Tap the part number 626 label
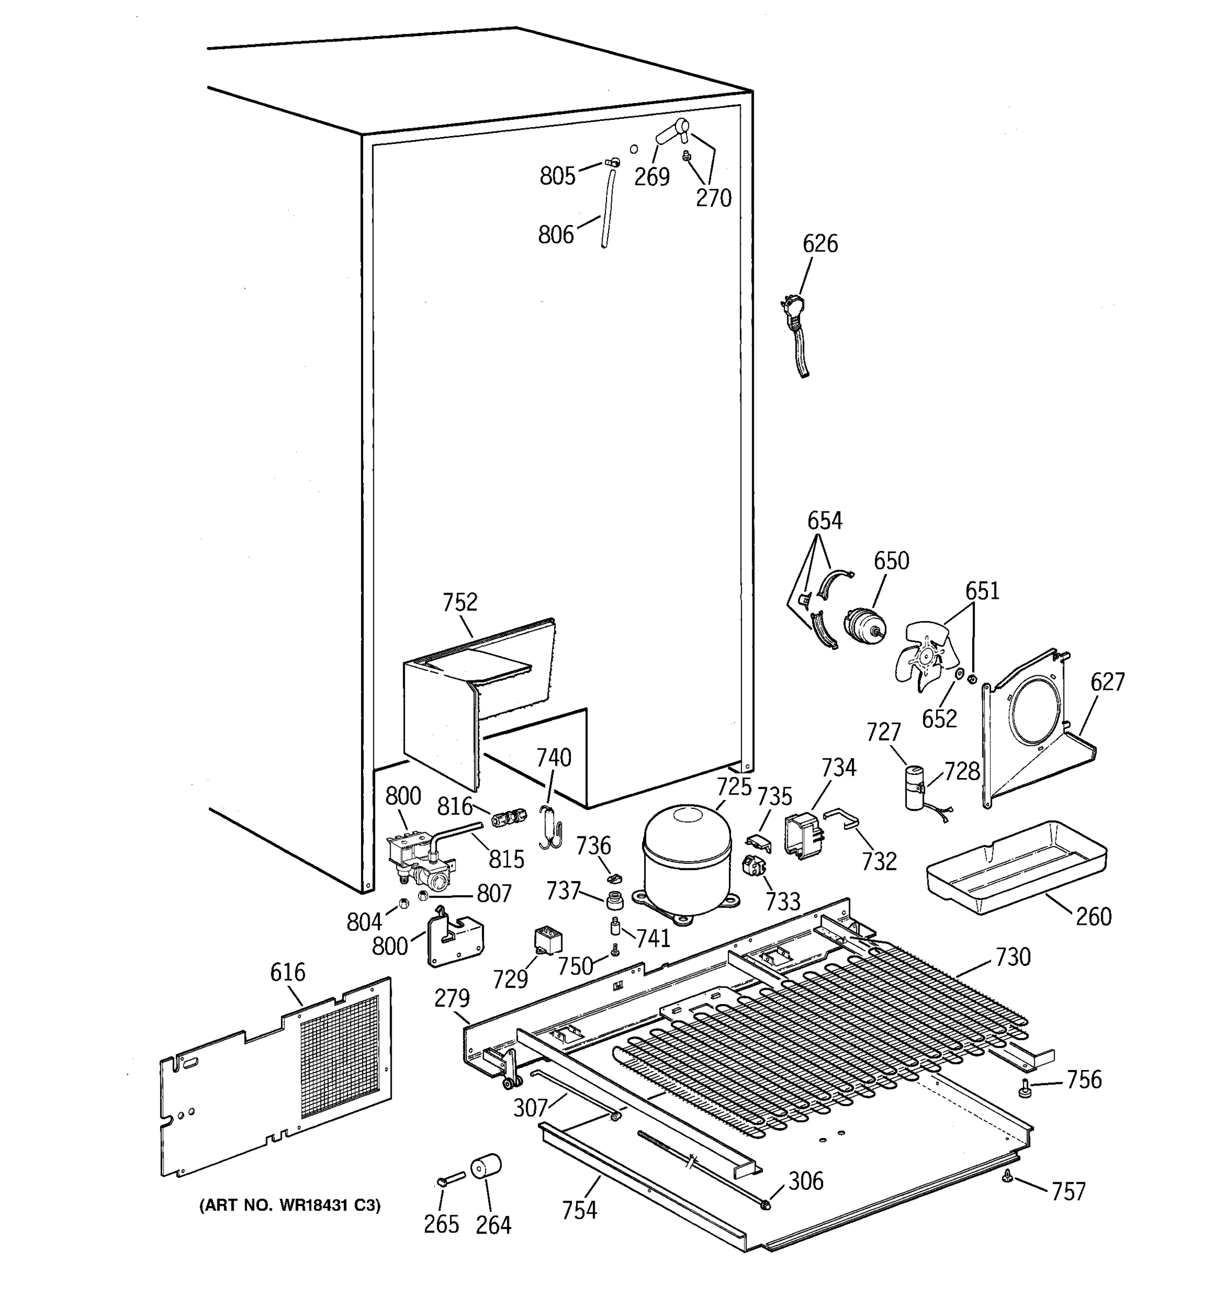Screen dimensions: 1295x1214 coord(820,244)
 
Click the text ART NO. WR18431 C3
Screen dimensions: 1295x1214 coord(290,1205)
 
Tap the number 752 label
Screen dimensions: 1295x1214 coord(460,602)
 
